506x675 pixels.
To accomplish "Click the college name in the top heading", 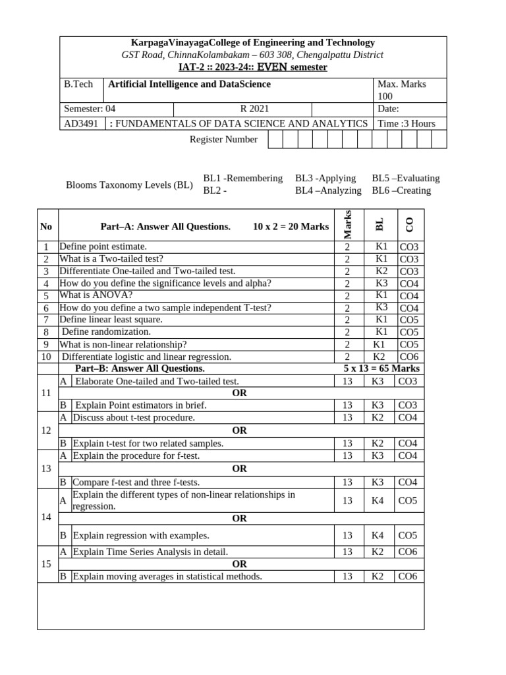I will (x=253, y=43).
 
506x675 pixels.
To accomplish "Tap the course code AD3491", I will (x=79, y=123).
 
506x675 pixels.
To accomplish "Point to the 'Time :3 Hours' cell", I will (x=407, y=123).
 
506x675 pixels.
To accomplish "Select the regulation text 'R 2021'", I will (x=254, y=109).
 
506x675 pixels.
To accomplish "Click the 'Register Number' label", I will (x=223, y=139).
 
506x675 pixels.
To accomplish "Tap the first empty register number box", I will (x=275, y=139).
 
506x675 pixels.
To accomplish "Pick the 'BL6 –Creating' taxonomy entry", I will (x=401, y=191).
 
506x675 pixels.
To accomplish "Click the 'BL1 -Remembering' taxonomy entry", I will (x=242, y=178).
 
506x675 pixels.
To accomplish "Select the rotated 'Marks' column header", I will (x=348, y=225).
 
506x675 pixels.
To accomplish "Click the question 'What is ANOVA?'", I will (x=96, y=295).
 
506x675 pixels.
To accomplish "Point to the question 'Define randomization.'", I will (x=106, y=332).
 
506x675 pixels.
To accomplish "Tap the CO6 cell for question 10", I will (x=408, y=357).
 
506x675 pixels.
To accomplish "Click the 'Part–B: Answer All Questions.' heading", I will (x=140, y=368).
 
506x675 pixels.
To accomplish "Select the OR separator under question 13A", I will (x=239, y=469).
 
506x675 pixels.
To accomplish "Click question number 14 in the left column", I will (x=46, y=517).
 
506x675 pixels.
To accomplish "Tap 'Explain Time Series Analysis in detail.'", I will (x=150, y=552).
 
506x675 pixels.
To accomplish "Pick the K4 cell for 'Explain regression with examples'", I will (x=377, y=536).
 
